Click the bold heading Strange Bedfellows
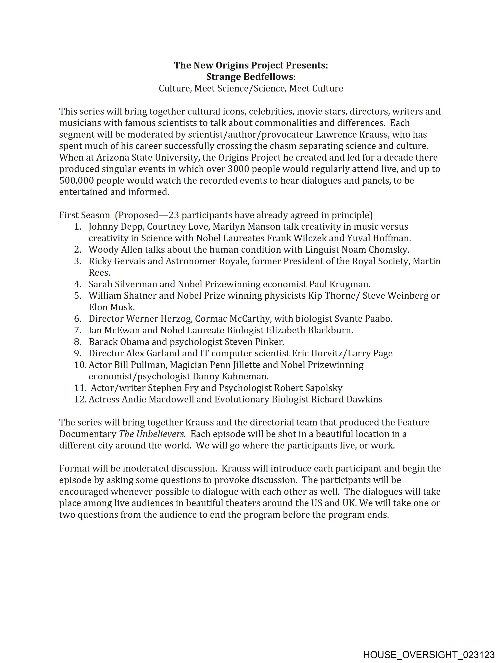point(249,77)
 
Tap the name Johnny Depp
point(115,227)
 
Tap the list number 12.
point(80,399)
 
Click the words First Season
point(85,215)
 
